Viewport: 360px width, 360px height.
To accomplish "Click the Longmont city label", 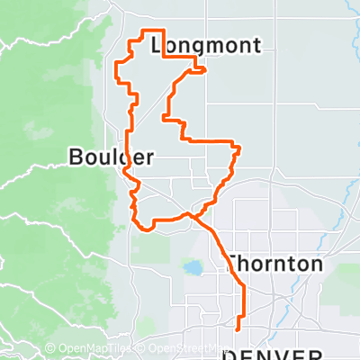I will coord(206,46).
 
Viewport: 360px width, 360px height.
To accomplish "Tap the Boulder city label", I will coord(111,157).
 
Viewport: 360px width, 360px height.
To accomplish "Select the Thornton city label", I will coord(274,265).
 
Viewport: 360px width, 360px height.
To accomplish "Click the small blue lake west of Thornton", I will coord(192,267).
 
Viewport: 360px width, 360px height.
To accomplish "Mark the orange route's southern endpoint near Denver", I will coord(238,329).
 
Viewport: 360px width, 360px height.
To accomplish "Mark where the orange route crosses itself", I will coord(190,214).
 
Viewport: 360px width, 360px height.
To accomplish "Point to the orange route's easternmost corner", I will coord(240,148).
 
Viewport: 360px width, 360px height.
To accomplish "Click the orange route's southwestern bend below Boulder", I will coord(141,227).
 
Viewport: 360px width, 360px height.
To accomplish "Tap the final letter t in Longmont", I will coord(256,46).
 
